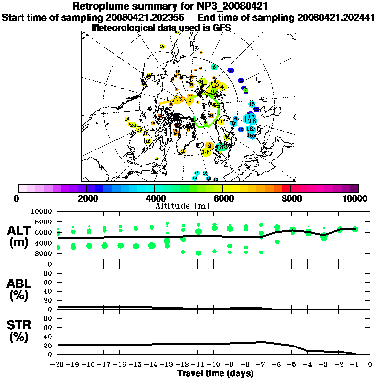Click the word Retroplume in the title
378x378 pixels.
point(101,6)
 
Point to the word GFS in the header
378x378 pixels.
point(221,28)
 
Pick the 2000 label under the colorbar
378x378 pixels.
point(87,198)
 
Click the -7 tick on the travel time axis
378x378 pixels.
point(261,365)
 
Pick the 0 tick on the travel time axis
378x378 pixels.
point(370,365)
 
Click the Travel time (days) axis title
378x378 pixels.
point(215,373)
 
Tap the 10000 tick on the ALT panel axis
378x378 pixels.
point(42,211)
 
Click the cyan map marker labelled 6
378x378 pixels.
point(214,67)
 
